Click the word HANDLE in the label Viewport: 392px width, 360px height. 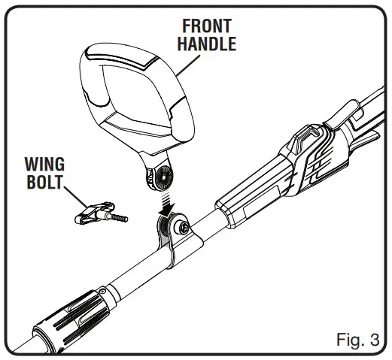pyautogui.click(x=206, y=43)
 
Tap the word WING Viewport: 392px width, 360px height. pyautogui.click(x=46, y=163)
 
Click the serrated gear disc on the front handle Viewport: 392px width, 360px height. pyautogui.click(x=160, y=178)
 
